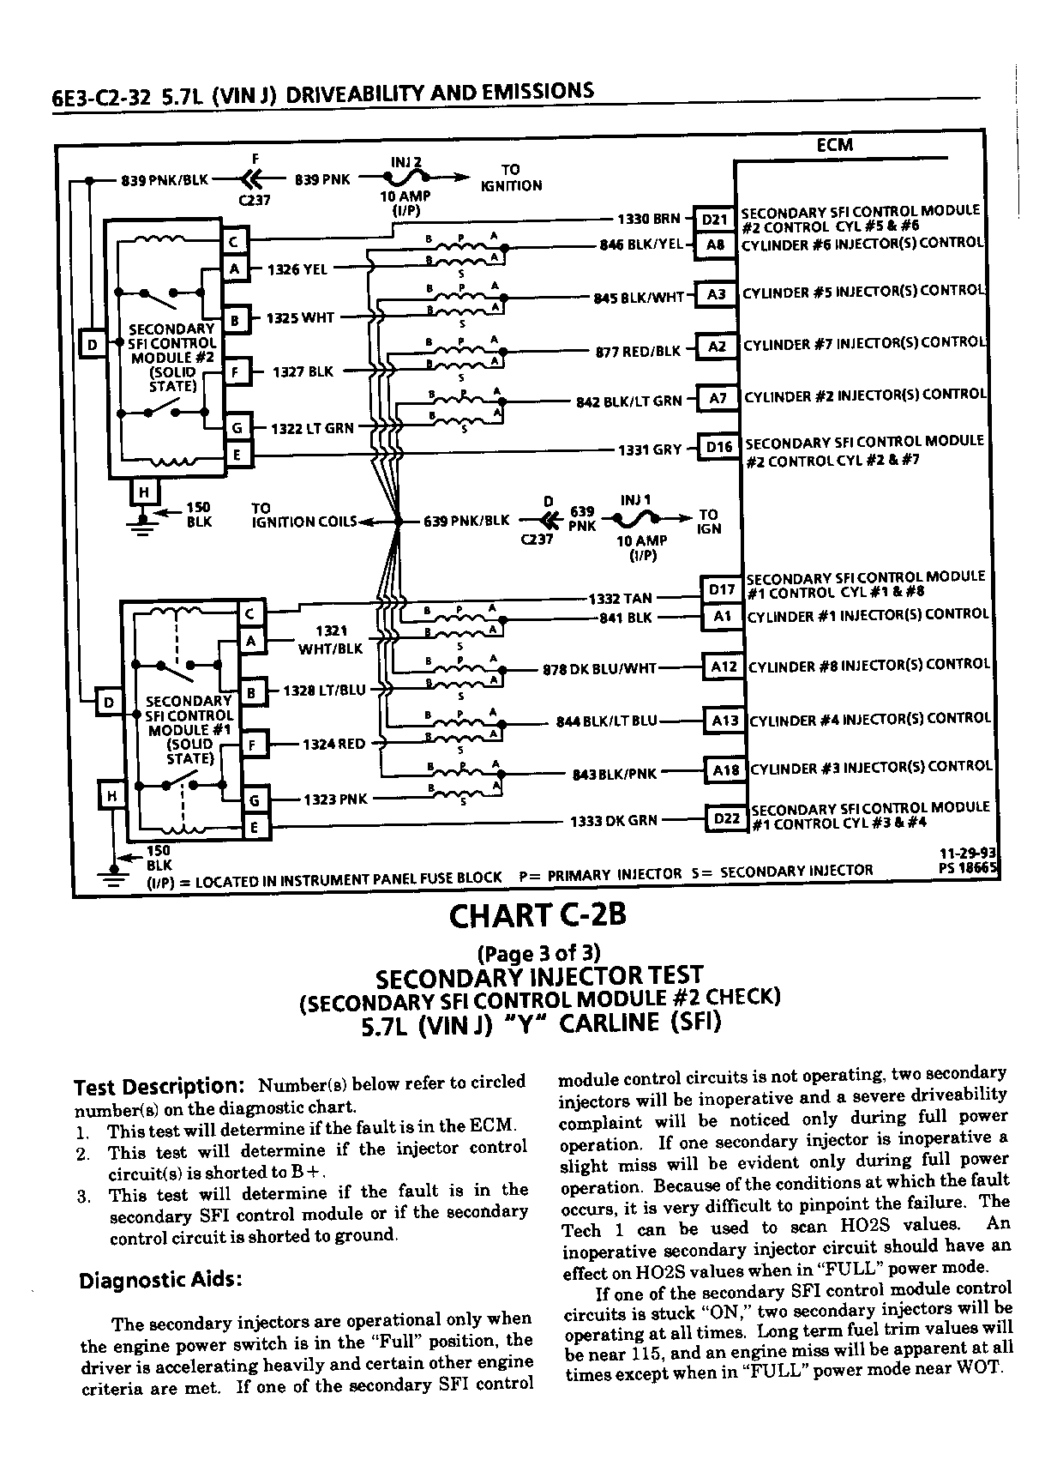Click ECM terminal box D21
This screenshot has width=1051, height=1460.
715,220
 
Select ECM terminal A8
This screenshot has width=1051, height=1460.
715,245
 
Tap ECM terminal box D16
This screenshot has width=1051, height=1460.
719,447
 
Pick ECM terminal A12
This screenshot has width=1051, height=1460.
724,667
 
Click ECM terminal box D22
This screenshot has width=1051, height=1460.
727,818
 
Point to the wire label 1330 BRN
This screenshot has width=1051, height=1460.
649,219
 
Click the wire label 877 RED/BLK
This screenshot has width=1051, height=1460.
638,352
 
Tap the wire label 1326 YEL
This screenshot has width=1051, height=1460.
297,269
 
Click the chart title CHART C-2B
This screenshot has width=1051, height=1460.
538,915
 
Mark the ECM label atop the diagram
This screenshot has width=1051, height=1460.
835,145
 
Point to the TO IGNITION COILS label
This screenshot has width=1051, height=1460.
304,515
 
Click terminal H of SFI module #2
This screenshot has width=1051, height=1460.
143,492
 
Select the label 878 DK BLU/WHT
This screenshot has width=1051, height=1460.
600,669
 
